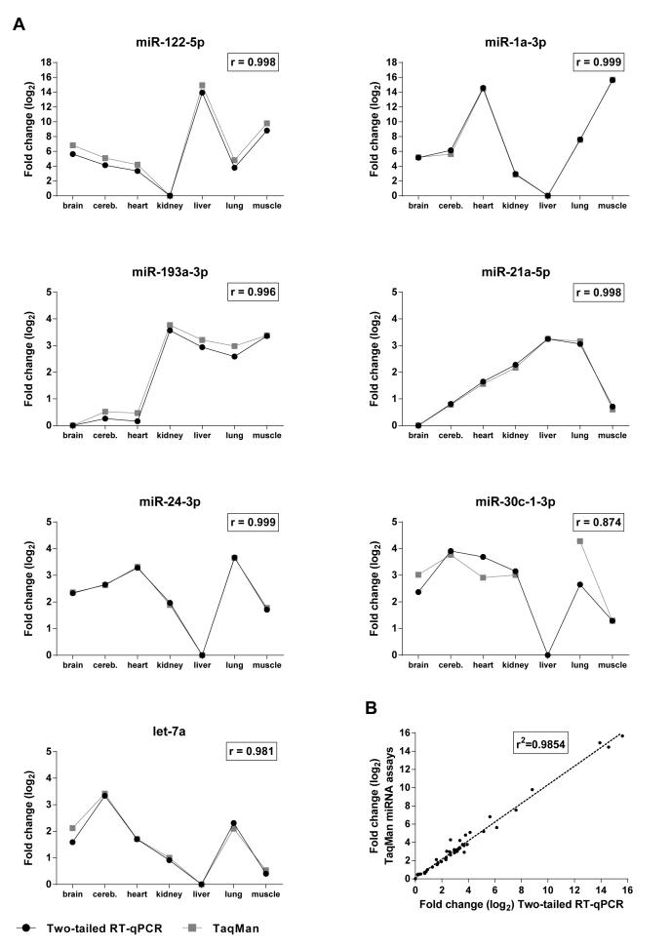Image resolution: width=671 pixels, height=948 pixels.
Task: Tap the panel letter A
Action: pyautogui.click(x=19, y=23)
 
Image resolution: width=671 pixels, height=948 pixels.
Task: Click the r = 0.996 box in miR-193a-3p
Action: pyautogui.click(x=257, y=292)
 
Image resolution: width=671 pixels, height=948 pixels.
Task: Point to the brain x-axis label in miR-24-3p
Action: pyautogui.click(x=72, y=665)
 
